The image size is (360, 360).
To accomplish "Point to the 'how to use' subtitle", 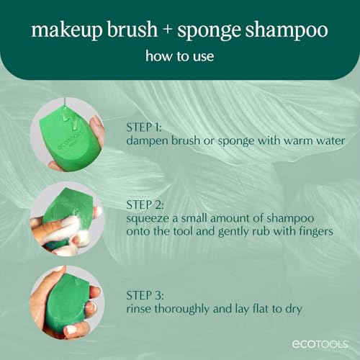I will pyautogui.click(x=179, y=57).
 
